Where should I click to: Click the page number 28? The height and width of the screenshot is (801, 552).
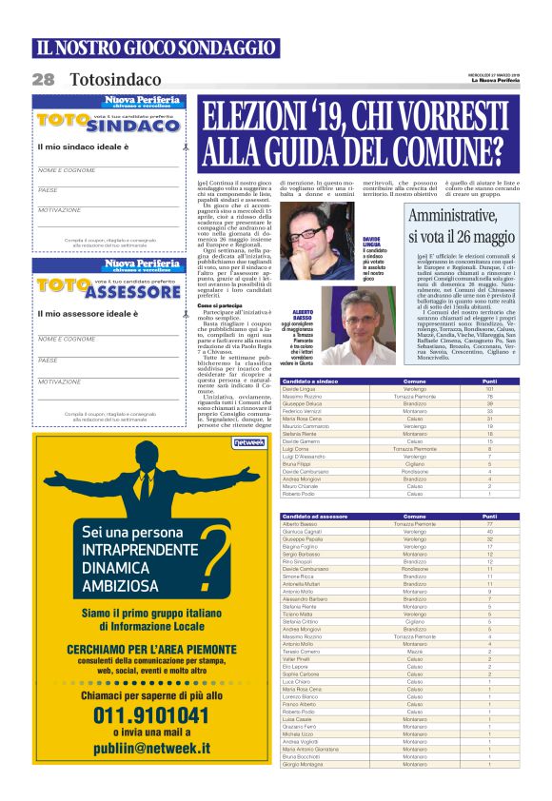43,80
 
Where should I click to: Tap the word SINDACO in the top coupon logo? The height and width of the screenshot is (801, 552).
136,126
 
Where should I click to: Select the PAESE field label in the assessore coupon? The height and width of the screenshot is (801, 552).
48,360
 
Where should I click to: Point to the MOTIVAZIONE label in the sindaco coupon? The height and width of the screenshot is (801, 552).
59,209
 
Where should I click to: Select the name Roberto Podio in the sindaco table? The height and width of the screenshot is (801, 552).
298,494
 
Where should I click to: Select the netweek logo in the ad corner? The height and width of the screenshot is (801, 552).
247,442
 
